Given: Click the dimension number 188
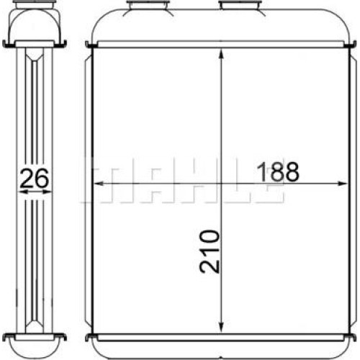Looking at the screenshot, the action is pos(278,171).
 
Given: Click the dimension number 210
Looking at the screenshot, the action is pos(210,251).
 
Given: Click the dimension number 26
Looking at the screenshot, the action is pos(34,178).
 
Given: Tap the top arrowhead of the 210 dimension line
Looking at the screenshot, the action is pos(221,53).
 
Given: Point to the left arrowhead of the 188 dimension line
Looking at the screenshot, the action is pos(99,184).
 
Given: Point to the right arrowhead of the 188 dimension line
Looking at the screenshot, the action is pos(343,184).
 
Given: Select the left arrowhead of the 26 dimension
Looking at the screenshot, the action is pos(23,192).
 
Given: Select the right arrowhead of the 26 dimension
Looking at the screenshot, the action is pos(47,192).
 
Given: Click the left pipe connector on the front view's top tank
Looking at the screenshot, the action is pos(148,5).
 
